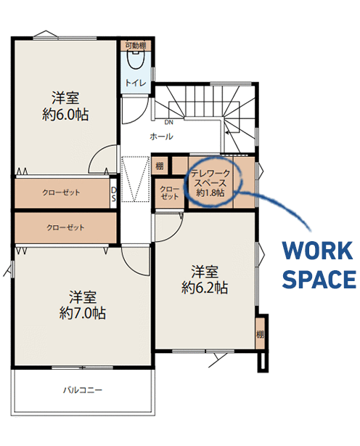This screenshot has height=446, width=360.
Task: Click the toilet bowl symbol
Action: click(x=135, y=60)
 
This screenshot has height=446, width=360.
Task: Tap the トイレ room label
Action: click(x=136, y=83)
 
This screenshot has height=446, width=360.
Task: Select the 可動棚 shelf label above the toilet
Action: click(x=136, y=46)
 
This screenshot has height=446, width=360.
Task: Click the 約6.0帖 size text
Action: click(x=65, y=115)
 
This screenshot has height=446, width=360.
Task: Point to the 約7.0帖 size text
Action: click(x=83, y=313)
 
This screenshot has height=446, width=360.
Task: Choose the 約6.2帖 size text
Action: click(x=205, y=288)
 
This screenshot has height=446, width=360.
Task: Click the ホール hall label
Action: click(x=161, y=137)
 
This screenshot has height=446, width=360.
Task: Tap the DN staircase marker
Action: click(x=169, y=122)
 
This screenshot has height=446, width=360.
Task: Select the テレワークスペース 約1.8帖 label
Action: click(x=210, y=183)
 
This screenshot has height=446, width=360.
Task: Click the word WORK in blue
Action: click(x=317, y=251)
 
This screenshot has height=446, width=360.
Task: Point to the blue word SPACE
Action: click(x=319, y=279)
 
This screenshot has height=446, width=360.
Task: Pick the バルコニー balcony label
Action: click(x=83, y=389)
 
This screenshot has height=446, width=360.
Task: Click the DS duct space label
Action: click(x=114, y=194)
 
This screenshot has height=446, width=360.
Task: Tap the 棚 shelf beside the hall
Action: click(x=160, y=166)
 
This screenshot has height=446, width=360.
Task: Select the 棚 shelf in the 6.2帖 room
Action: click(x=260, y=334)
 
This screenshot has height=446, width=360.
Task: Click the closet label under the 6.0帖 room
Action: click(x=61, y=192)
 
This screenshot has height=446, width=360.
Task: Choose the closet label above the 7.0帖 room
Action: click(x=65, y=227)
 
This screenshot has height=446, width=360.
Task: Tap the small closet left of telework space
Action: click(x=169, y=192)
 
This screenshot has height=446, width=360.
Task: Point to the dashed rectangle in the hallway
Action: click(x=136, y=179)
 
